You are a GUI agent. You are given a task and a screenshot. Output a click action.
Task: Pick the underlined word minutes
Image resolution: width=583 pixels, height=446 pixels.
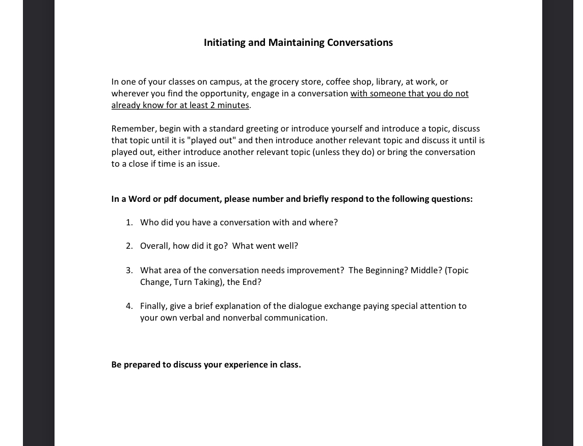tap(233, 106)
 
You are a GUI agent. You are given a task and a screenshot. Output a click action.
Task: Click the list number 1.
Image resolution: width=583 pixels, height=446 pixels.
tap(129, 223)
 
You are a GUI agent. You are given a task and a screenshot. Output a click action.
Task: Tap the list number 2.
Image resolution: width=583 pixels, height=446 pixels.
tap(129, 246)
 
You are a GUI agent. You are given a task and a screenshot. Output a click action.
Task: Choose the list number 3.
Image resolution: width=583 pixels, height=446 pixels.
tap(129, 271)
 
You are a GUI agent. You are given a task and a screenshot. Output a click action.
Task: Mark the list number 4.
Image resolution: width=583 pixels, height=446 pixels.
tap(129, 306)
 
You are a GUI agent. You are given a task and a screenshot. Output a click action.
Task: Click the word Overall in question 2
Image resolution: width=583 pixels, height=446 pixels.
tap(154, 246)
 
